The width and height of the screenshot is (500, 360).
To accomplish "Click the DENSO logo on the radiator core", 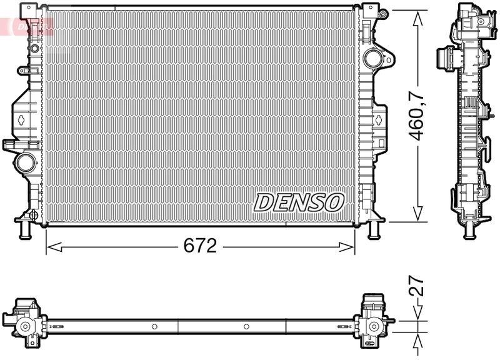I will click(299, 202).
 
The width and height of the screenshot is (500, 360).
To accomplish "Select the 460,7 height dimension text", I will click(417, 116).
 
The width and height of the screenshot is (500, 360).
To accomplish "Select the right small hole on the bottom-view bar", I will click(246, 326).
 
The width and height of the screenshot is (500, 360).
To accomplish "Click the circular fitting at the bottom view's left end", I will click(25, 326).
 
